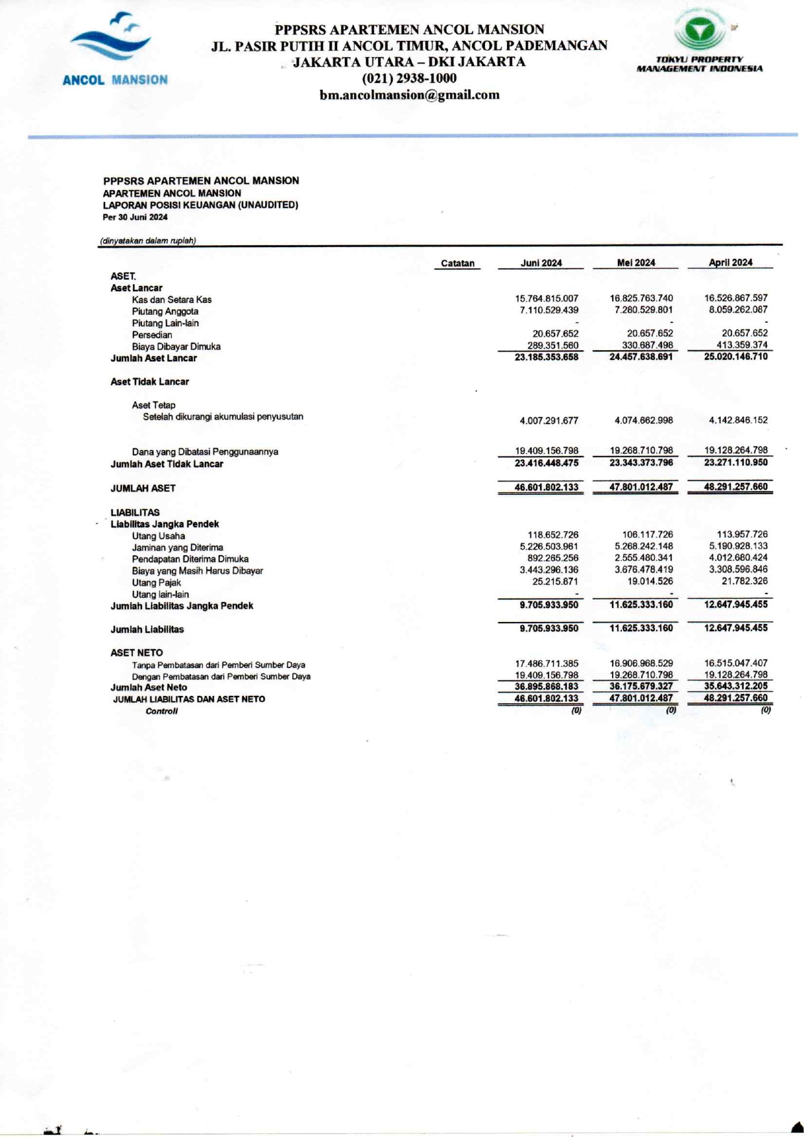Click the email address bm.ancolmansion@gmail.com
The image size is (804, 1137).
tap(409, 95)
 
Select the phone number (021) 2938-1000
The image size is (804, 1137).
tap(409, 78)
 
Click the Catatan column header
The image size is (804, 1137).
tap(457, 263)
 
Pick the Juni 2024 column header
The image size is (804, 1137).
tap(541, 263)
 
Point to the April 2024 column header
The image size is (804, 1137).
tap(730, 263)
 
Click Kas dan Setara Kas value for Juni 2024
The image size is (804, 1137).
tap(547, 298)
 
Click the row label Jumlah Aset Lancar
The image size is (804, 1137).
tap(154, 358)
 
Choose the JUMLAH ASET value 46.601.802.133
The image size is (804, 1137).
tap(547, 487)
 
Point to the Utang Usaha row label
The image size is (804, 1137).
tap(158, 536)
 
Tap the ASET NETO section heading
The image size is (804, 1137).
tap(136, 652)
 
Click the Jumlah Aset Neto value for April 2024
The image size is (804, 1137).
tap(736, 686)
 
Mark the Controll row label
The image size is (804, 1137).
tap(161, 711)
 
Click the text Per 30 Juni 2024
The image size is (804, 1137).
tap(135, 217)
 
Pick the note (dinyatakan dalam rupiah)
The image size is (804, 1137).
tap(148, 241)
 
